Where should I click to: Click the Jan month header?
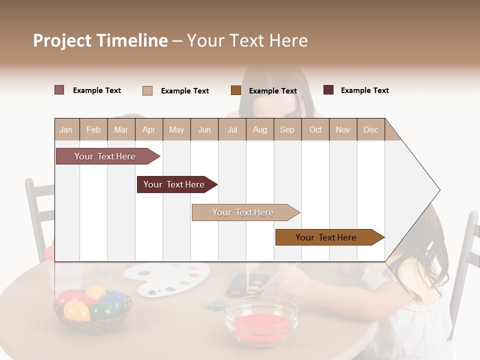[66, 129]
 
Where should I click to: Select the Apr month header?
[149, 129]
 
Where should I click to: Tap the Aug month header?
[259, 129]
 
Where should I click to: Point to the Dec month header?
[370, 129]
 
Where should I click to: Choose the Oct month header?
[315, 129]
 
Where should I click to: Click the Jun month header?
[204, 129]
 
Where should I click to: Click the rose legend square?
[59, 90]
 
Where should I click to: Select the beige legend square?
[147, 90]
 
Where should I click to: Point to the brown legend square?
[236, 90]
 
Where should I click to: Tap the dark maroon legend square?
[328, 90]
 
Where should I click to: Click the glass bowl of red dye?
[261, 320]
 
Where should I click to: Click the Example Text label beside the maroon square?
[364, 90]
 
